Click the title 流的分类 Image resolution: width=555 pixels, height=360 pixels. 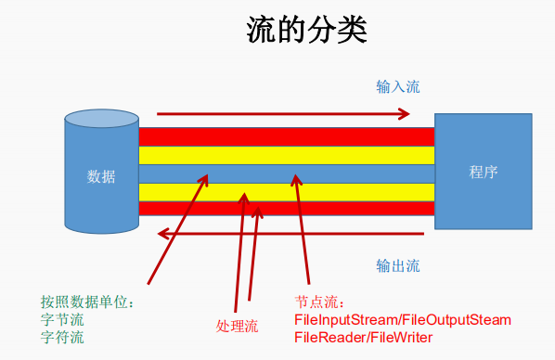pyautogui.click(x=306, y=30)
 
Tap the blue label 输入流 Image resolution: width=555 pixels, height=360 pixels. pyautogui.click(x=397, y=87)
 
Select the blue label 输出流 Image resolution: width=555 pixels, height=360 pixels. pyautogui.click(x=397, y=266)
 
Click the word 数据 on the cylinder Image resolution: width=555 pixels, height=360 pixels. pyautogui.click(x=101, y=176)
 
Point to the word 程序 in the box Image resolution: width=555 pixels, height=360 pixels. pyautogui.click(x=484, y=172)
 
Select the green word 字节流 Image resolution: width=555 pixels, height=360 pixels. pyautogui.click(x=62, y=320)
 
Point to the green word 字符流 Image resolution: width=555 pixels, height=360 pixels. pyautogui.click(x=62, y=337)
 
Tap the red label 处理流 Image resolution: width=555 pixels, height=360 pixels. pyautogui.click(x=237, y=326)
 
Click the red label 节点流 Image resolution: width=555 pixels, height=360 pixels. pyautogui.click(x=319, y=302)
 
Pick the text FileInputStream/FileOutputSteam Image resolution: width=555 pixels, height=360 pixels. pyautogui.click(x=403, y=320)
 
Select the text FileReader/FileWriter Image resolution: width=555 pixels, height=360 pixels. pyautogui.click(x=363, y=337)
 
